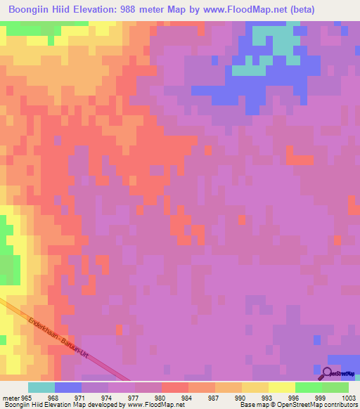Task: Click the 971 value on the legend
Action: pos(82,398)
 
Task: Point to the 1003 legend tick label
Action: pos(348,398)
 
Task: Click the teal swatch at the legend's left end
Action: pos(41,387)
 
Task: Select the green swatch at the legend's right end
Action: pos(335,387)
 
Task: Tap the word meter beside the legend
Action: pos(10,398)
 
